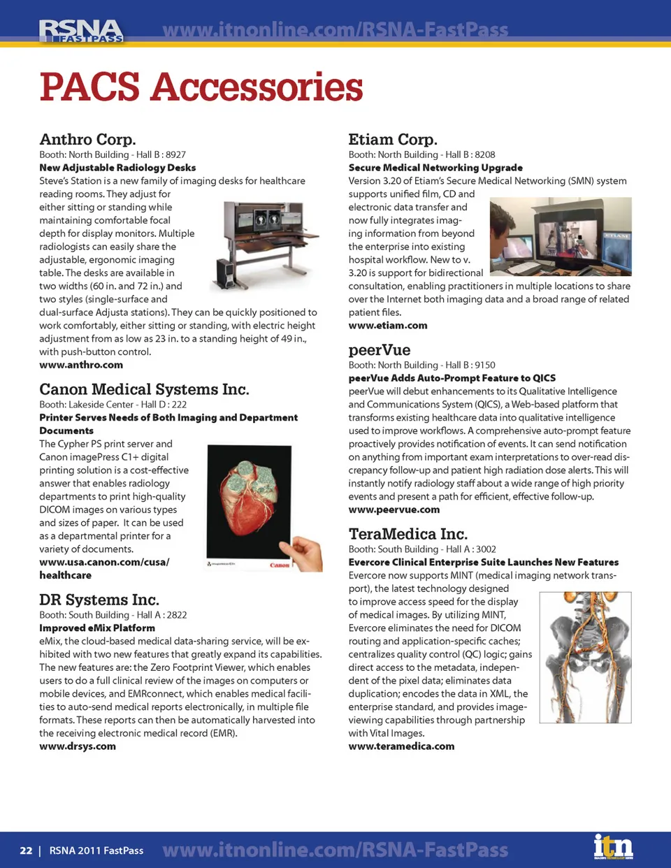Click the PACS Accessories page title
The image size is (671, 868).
click(x=201, y=87)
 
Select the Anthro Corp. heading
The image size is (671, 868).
click(x=87, y=139)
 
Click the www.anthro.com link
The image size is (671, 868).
click(x=81, y=365)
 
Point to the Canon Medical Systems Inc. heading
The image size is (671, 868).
click(x=144, y=389)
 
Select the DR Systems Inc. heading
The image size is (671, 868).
click(x=99, y=600)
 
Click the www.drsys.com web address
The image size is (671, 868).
click(x=78, y=746)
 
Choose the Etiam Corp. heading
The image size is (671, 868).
click(x=393, y=139)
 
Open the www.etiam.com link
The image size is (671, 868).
click(x=388, y=326)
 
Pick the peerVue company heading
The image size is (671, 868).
click(x=380, y=349)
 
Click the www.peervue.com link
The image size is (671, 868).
click(x=394, y=509)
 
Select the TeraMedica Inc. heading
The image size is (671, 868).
click(x=408, y=534)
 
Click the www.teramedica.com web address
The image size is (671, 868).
click(x=401, y=746)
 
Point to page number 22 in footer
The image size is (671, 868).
click(x=26, y=851)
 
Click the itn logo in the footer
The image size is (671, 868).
click(x=613, y=847)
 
